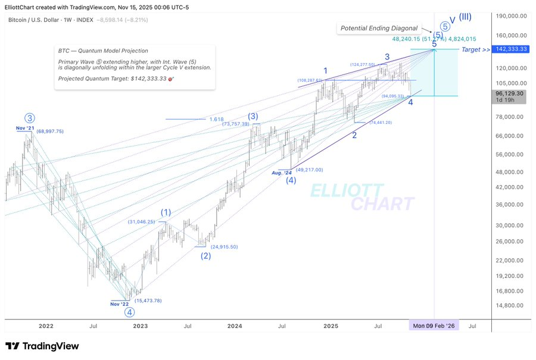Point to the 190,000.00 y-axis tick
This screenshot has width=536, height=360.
tap(513, 16)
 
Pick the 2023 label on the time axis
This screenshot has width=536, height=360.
tap(140, 326)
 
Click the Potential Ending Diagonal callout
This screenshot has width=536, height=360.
tap(379, 28)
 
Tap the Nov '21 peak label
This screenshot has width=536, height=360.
tap(26, 128)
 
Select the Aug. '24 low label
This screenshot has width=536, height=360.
tap(281, 173)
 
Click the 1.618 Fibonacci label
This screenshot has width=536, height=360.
tap(216, 119)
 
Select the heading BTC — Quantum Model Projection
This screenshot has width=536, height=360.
tap(103, 51)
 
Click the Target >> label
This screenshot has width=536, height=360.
tap(476, 49)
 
